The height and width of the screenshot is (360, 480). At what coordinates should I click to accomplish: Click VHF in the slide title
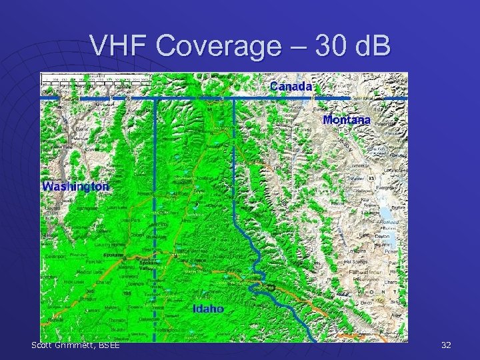tap(115, 46)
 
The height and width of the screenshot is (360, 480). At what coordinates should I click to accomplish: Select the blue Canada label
tap(291, 86)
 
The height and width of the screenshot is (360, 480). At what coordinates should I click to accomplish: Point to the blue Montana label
tap(346, 120)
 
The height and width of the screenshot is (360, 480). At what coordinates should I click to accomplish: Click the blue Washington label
tap(75, 186)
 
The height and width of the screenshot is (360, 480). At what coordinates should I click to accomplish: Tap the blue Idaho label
tap(208, 309)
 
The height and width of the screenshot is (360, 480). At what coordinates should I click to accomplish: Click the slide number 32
tap(446, 345)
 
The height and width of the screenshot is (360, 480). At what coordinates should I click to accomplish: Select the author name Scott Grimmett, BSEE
tap(75, 345)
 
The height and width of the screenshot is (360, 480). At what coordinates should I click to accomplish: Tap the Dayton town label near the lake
tap(383, 236)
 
